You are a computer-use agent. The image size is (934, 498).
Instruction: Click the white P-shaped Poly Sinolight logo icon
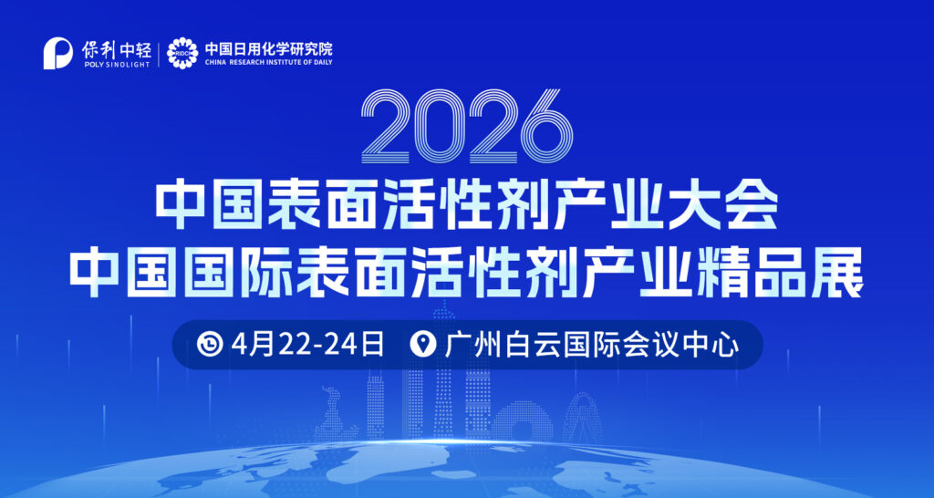(58, 53)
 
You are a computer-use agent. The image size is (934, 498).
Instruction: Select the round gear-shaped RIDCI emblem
(182, 53)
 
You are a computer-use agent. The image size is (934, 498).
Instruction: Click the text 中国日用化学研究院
(267, 47)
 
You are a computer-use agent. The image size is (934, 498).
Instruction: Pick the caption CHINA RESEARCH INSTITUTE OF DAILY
(267, 62)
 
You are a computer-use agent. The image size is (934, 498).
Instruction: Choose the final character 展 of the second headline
(831, 271)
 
